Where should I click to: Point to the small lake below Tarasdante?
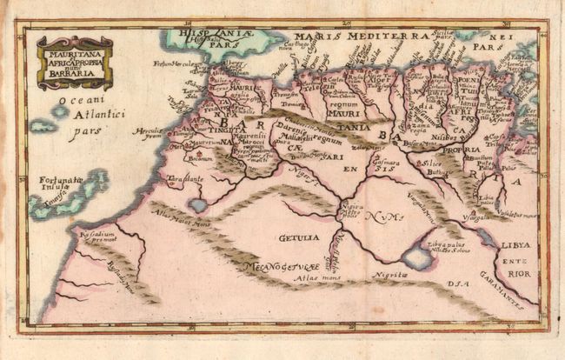(197, 205)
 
